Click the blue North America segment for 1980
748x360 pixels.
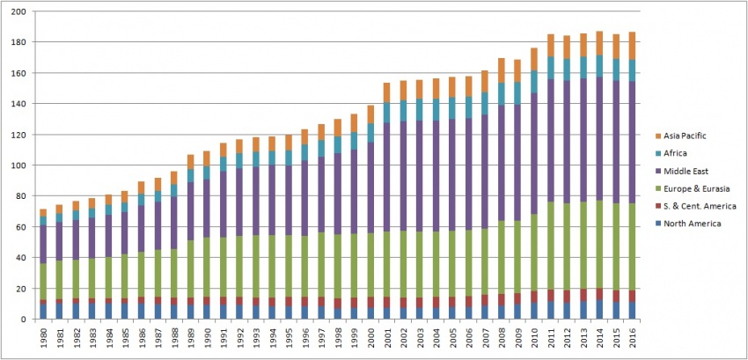(x=44, y=311)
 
